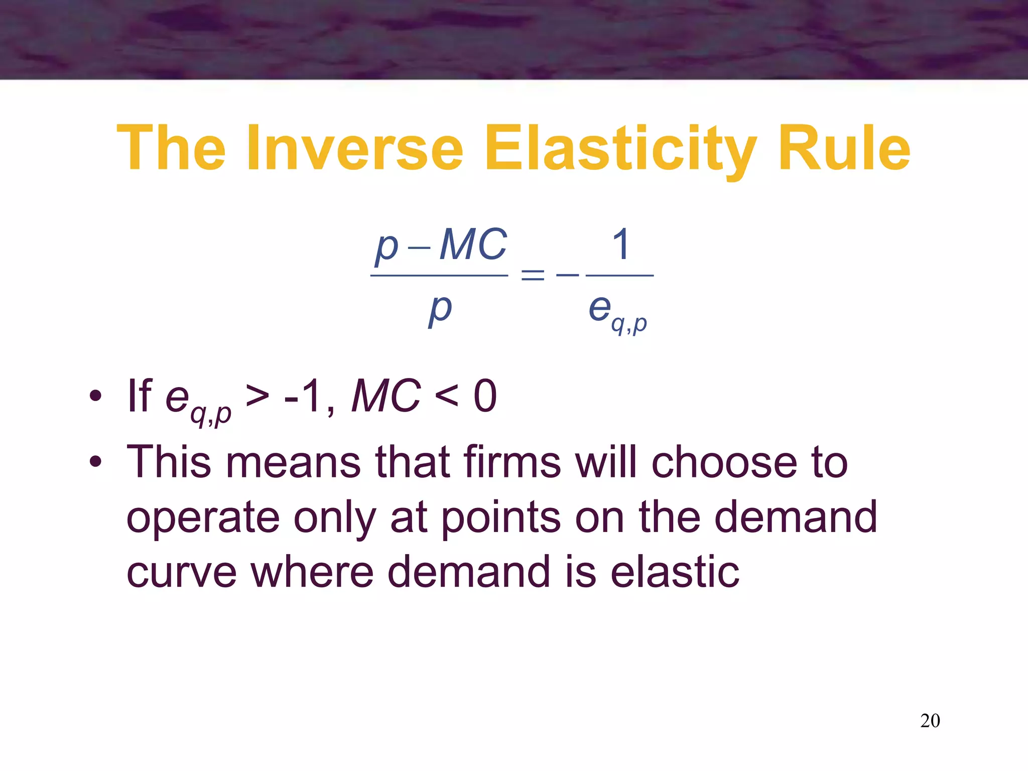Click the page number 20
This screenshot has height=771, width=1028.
click(x=930, y=721)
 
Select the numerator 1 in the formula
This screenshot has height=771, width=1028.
click(x=621, y=244)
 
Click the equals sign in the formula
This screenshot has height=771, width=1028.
click(x=533, y=275)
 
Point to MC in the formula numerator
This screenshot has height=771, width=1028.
click(x=473, y=245)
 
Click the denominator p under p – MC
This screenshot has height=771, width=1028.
click(x=440, y=309)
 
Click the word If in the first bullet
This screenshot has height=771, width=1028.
click(x=140, y=397)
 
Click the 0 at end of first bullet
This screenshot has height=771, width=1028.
click(x=485, y=397)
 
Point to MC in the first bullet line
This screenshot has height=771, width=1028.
click(x=385, y=397)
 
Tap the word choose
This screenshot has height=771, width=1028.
click(x=724, y=462)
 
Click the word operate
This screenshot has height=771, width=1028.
click(x=203, y=518)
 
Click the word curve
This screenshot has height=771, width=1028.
click(x=181, y=572)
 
